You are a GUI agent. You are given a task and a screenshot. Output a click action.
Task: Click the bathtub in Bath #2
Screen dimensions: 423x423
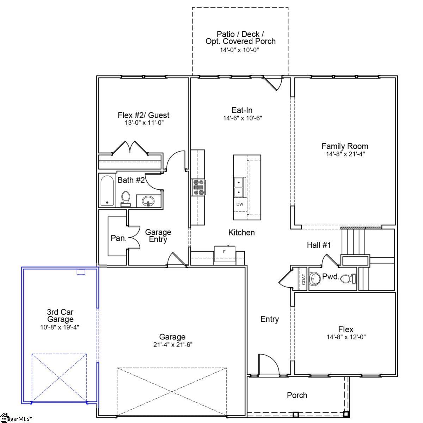coord(107,191)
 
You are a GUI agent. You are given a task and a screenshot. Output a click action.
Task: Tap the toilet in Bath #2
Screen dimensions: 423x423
coord(125,198)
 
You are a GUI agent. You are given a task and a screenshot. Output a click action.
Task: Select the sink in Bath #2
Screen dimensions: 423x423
coord(148,201)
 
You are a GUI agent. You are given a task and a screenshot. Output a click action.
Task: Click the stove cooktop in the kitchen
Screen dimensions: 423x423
coord(198,187)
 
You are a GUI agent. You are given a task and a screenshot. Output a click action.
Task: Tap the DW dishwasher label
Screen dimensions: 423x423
coord(239,204)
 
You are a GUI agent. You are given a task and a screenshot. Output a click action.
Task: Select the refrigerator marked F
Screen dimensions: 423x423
coord(224,252)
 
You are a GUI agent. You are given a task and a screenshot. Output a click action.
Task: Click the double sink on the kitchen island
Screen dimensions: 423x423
coord(239,188)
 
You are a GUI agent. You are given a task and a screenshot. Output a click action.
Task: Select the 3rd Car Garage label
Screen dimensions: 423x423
coord(60,315)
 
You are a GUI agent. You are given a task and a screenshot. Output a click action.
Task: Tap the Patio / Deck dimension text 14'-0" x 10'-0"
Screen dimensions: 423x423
coord(240,50)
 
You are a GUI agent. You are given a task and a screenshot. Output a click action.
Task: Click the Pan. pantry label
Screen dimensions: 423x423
coord(118,238)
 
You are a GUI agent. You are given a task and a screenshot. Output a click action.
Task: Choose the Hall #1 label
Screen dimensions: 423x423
coord(319,245)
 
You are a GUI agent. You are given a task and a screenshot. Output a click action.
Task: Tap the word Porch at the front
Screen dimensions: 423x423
coord(297,395)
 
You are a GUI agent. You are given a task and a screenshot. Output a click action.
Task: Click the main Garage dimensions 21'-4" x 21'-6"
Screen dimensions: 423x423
coord(172,345)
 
